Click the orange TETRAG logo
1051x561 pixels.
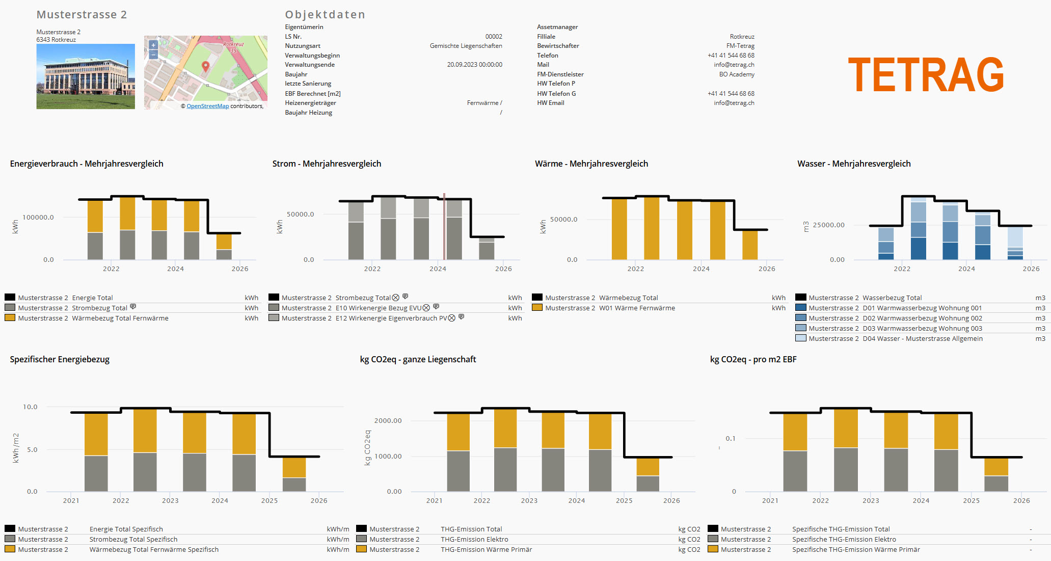pyautogui.click(x=925, y=75)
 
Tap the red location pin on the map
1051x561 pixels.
pyautogui.click(x=206, y=66)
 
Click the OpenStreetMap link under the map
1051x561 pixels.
pyautogui.click(x=207, y=106)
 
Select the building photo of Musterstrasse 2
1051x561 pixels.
pyautogui.click(x=86, y=76)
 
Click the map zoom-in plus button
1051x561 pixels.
pyautogui.click(x=153, y=45)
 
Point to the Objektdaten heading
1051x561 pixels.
pyautogui.click(x=325, y=15)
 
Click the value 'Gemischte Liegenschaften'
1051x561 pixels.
pyautogui.click(x=466, y=46)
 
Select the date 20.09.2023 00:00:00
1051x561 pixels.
pyautogui.click(x=474, y=65)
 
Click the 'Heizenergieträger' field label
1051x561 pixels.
pyautogui.click(x=310, y=103)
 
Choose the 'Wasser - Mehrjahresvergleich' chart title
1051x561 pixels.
pyautogui.click(x=854, y=164)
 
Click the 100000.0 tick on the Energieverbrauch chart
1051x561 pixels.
pyautogui.click(x=38, y=218)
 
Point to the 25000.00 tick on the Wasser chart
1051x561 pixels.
pyautogui.click(x=828, y=225)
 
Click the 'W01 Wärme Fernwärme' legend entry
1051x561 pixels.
pyautogui.click(x=637, y=308)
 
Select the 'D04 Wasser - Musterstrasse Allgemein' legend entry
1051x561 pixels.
pyautogui.click(x=922, y=339)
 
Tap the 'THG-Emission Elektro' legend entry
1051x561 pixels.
pyautogui.click(x=474, y=540)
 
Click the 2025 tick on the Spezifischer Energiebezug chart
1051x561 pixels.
pyautogui.click(x=270, y=501)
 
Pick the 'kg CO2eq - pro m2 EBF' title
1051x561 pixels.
pyautogui.click(x=753, y=359)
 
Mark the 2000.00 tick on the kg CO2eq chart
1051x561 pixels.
pyautogui.click(x=388, y=421)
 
